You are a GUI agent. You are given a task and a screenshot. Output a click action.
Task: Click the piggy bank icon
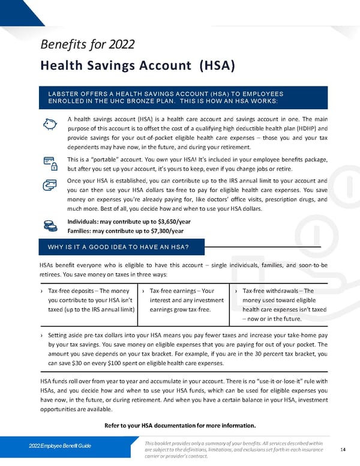click(x=50, y=124)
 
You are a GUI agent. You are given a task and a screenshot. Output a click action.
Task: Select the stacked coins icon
click(x=50, y=226)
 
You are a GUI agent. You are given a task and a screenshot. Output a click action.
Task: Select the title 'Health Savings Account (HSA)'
click(x=137, y=65)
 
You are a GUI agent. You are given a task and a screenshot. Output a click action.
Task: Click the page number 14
click(x=343, y=449)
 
